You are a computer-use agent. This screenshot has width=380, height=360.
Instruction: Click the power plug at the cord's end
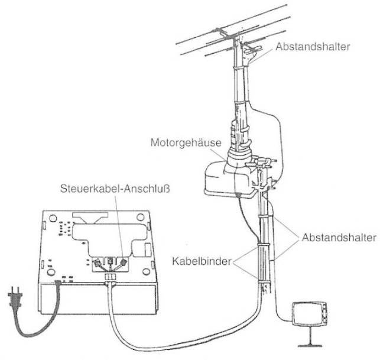tap(15, 297)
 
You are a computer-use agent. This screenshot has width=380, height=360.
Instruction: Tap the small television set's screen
tap(307, 314)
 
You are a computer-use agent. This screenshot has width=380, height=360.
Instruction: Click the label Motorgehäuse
tap(186, 143)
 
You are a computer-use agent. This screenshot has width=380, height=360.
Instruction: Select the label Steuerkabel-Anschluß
tap(115, 189)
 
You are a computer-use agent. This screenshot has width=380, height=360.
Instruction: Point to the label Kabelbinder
tap(202, 261)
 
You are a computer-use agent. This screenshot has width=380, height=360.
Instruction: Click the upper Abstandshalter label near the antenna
tap(313, 47)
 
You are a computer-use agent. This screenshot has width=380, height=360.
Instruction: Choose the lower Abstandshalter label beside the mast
tap(339, 238)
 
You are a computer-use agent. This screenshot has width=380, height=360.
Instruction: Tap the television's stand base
tap(310, 345)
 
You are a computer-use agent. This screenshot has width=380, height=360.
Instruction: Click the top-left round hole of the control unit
tap(53, 218)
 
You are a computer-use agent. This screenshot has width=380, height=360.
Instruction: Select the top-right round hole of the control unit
tap(140, 217)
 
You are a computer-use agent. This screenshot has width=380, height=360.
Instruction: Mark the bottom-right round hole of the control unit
tap(146, 272)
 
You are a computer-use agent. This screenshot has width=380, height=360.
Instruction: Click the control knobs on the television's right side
tap(324, 313)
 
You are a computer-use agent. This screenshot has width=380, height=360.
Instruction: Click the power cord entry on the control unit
tap(58, 283)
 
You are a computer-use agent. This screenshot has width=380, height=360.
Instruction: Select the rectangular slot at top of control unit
tap(90, 215)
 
